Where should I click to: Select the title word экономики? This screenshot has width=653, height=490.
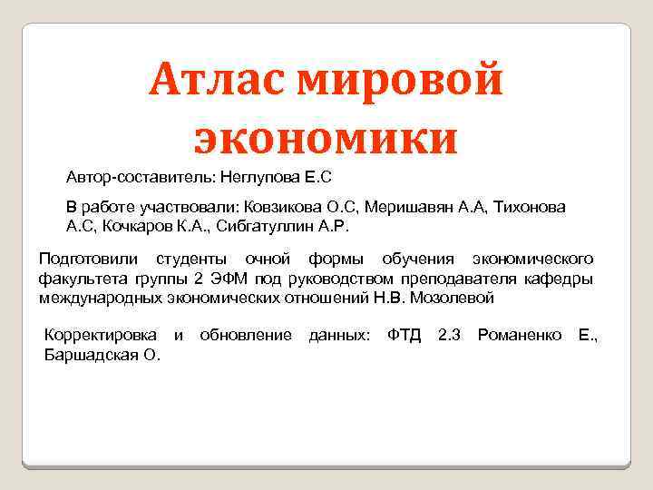(326, 137)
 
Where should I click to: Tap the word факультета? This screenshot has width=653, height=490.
(79, 279)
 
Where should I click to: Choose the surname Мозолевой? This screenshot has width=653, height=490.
(452, 297)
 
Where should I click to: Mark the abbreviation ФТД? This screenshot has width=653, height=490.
(404, 337)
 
